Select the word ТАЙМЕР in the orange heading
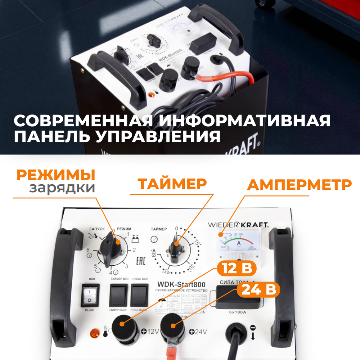(173, 184)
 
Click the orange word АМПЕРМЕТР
(299, 185)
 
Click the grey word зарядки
(62, 188)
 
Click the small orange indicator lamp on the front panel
(95, 333)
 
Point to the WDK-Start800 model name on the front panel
(179, 284)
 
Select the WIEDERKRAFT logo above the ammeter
(238, 225)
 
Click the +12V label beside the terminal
(150, 332)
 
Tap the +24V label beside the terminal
(197, 332)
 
